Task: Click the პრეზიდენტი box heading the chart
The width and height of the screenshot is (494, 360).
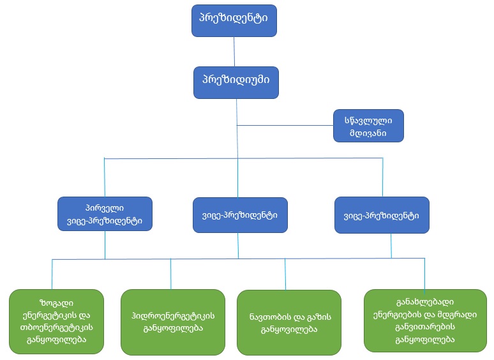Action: pyautogui.click(x=234, y=20)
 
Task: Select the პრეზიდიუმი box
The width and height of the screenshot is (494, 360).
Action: pyautogui.click(x=236, y=81)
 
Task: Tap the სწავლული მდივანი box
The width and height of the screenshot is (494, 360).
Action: pyautogui.click(x=369, y=125)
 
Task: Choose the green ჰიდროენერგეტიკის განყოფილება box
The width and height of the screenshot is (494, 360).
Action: pyautogui.click(x=172, y=321)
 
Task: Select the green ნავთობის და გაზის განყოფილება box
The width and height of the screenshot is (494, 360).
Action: pyautogui.click(x=285, y=322)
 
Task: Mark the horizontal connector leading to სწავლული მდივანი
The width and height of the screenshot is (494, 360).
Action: pyautogui.click(x=285, y=124)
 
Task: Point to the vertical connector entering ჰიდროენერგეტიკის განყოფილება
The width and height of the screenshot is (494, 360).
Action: pyautogui.click(x=170, y=274)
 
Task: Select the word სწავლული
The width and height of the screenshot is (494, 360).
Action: pyautogui.click(x=369, y=119)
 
